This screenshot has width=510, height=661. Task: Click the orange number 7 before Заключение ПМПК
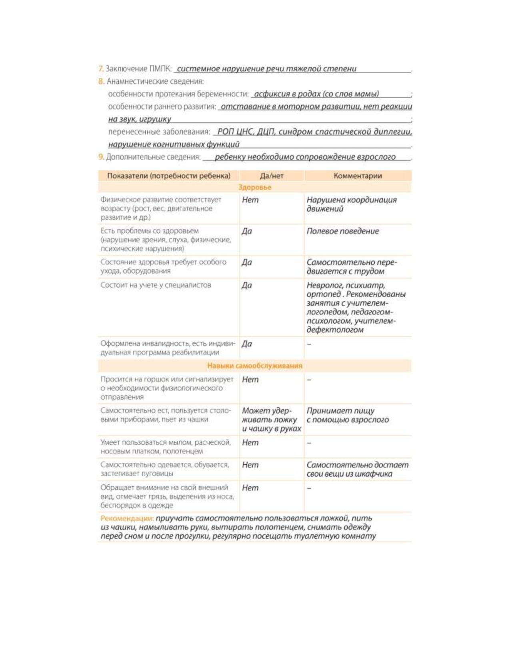[x=101, y=69]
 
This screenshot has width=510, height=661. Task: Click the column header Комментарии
[x=358, y=175]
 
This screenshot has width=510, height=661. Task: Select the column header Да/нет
[x=272, y=175]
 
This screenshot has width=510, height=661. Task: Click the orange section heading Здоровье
[x=255, y=187]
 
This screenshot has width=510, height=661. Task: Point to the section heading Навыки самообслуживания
[x=255, y=365]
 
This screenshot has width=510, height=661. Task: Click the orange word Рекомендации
[x=127, y=518]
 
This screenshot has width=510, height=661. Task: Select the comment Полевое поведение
[x=342, y=231]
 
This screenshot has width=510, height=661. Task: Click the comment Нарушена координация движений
[x=351, y=204]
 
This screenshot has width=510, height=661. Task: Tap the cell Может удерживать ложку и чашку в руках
[x=271, y=419]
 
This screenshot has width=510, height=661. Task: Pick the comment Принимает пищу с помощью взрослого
[x=347, y=415]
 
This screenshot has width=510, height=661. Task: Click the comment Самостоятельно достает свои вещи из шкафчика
[x=357, y=469]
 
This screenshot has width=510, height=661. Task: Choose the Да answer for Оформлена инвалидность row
[x=247, y=344]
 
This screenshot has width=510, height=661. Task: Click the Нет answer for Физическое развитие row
[x=250, y=200]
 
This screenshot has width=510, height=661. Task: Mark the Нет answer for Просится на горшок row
[x=250, y=379]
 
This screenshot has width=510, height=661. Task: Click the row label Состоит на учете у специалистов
[x=156, y=285]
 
